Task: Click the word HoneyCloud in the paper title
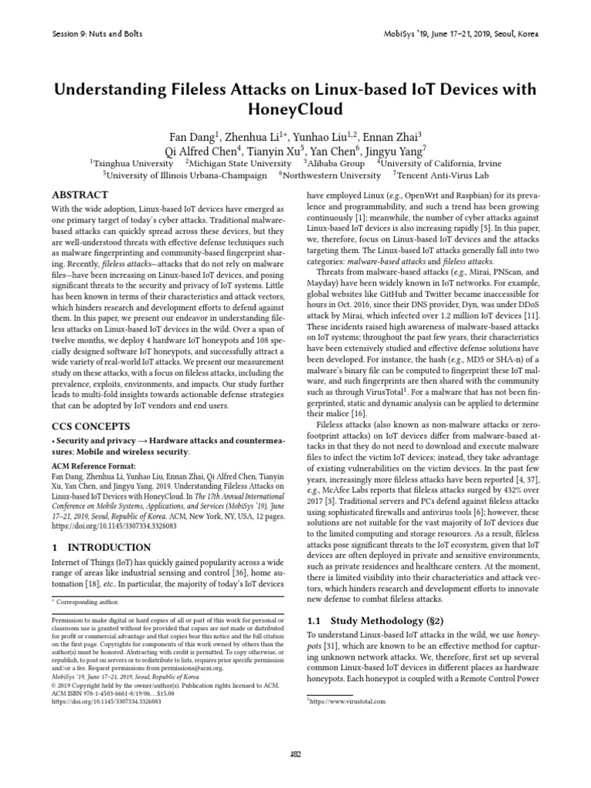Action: [x=295, y=109]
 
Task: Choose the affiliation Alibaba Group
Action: [x=336, y=163]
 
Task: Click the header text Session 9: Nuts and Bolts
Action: [x=95, y=34]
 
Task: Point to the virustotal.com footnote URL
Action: [x=346, y=702]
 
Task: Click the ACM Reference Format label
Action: [x=92, y=466]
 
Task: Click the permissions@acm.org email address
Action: [x=220, y=669]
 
